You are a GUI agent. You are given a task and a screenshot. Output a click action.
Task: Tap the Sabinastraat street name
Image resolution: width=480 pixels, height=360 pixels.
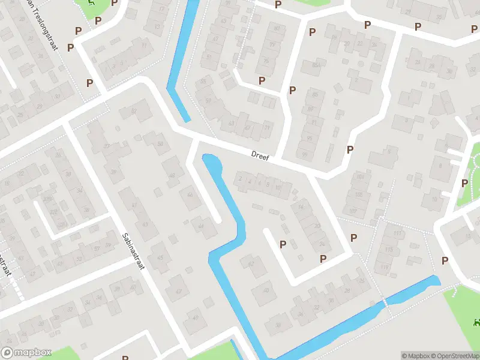(133, 251)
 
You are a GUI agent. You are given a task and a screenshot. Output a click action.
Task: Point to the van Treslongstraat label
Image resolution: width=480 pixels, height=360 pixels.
(41, 18)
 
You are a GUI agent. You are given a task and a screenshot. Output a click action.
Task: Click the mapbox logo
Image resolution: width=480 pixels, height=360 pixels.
(26, 353)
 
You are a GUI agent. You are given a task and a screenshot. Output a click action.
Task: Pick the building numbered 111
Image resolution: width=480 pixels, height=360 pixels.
(397, 233)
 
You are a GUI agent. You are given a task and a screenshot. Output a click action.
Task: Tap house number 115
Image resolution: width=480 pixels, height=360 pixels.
(389, 250)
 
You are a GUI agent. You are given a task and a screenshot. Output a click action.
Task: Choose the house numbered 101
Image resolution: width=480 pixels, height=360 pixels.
(360, 177)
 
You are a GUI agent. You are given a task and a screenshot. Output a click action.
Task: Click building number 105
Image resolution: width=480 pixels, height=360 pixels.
(359, 195)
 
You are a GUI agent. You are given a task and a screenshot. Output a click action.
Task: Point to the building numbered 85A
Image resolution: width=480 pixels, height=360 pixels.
(316, 65)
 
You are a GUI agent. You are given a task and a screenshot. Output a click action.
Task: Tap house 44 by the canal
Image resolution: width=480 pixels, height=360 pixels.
(202, 226)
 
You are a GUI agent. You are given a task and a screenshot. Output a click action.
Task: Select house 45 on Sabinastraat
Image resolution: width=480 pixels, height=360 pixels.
(160, 258)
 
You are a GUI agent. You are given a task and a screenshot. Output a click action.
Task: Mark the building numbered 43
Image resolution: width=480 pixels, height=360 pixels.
(145, 224)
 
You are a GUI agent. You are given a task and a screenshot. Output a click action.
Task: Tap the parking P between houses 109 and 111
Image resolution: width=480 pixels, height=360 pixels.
(353, 238)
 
